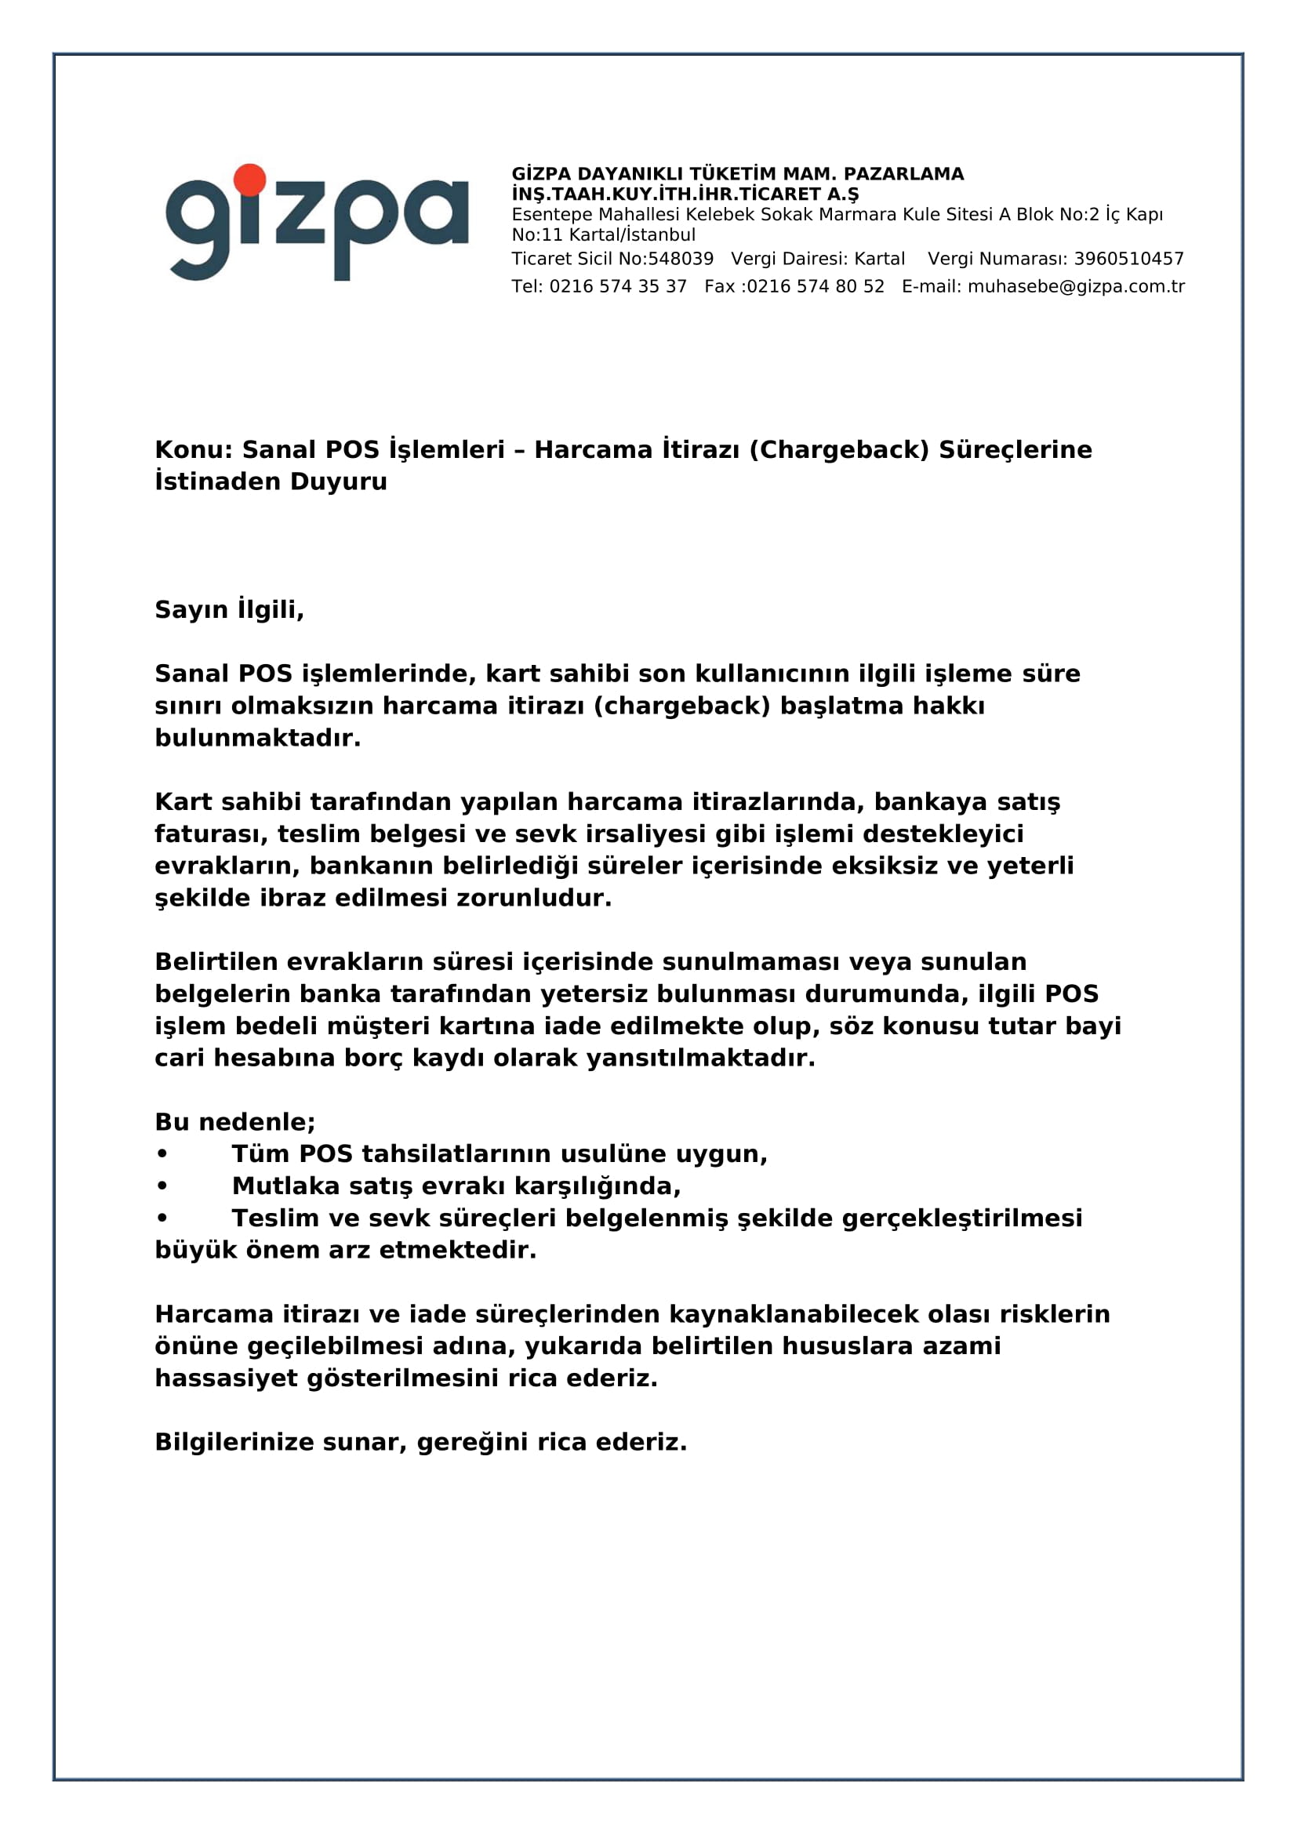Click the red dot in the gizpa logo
coord(250,180)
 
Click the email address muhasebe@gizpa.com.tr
coord(1076,287)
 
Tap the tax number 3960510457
coord(1128,259)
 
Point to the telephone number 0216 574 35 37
coord(617,287)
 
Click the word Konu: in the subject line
coord(193,450)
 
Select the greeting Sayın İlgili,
coord(229,609)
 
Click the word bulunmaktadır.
coord(257,737)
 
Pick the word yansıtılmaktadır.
coord(700,1058)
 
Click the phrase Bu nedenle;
coord(234,1121)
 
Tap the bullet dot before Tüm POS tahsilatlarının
coord(162,1154)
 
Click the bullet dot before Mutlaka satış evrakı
coord(162,1186)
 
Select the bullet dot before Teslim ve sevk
coord(162,1218)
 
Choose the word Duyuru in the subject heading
coord(339,481)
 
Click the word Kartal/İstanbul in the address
coord(632,235)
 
